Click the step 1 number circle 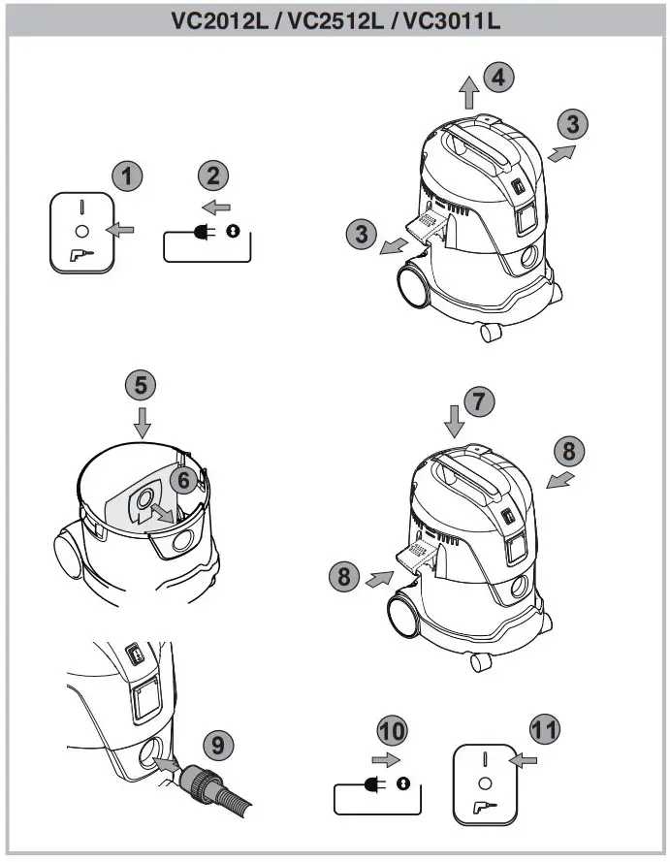(126, 176)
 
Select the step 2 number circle (213, 176)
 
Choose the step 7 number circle (477, 401)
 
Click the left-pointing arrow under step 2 (218, 207)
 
